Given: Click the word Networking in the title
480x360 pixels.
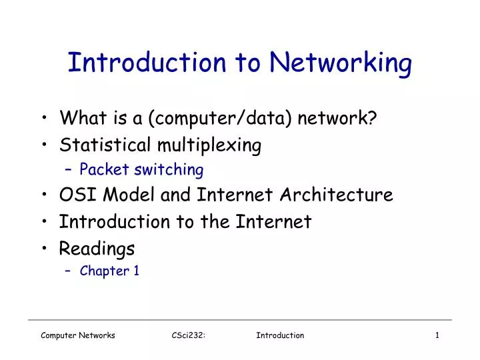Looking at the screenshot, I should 341,63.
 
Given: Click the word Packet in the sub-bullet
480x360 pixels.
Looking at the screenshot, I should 105,170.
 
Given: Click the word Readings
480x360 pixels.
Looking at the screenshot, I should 97,249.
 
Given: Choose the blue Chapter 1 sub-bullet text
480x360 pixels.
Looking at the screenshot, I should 109,271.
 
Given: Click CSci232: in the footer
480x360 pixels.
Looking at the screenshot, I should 188,335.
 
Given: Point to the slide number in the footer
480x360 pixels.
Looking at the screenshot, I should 437,335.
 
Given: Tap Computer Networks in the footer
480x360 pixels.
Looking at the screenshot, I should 77,335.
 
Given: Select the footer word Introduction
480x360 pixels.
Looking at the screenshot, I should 280,335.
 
